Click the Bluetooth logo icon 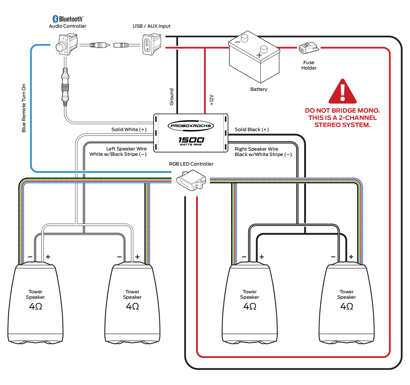click(55, 19)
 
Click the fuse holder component click(309, 48)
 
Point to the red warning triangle click(342, 92)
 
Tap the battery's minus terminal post click(245, 38)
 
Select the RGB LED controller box click(191, 181)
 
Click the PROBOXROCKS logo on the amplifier click(191, 126)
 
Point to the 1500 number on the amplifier click(191, 140)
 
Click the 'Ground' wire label click(171, 97)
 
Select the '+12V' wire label click(212, 100)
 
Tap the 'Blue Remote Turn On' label click(24, 108)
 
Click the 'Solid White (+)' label click(129, 130)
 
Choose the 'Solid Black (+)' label click(252, 130)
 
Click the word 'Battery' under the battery click(259, 89)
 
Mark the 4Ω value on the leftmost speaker click(36, 306)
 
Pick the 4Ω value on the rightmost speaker click(346, 306)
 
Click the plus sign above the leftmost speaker click(48, 257)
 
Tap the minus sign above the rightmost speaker click(333, 257)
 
